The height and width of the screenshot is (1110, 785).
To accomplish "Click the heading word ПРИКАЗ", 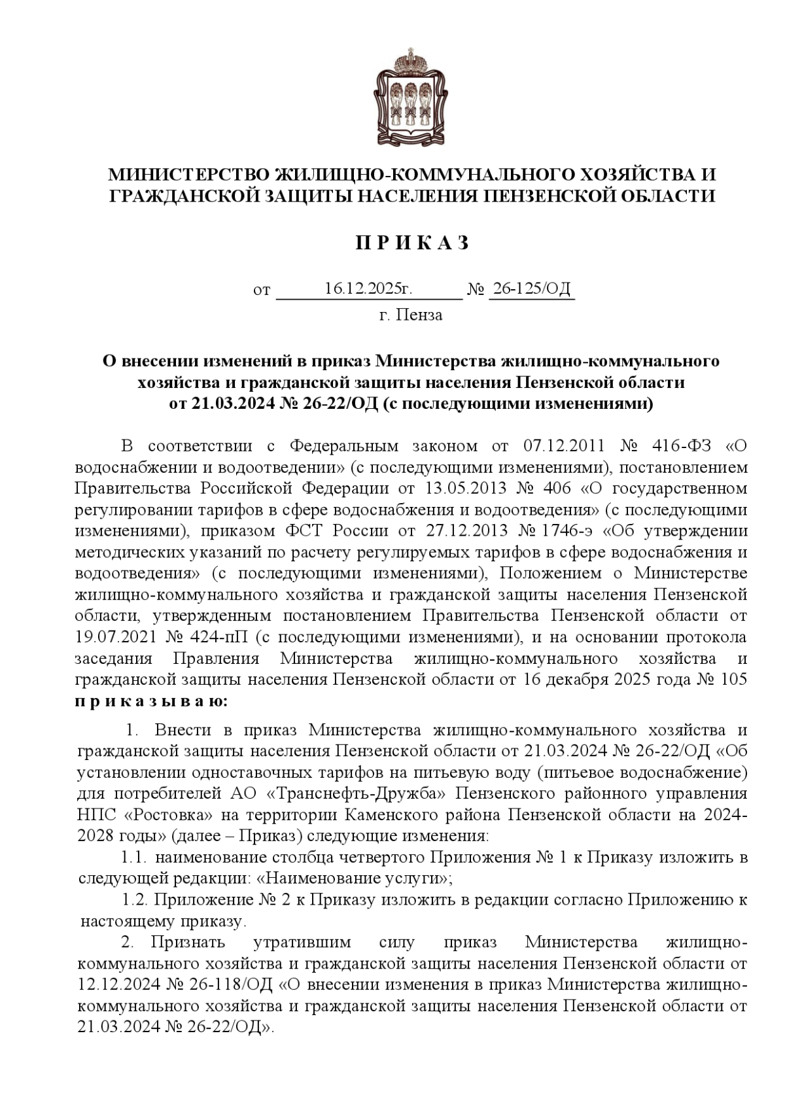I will (x=412, y=243).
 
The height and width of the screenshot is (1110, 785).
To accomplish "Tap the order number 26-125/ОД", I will (x=531, y=288).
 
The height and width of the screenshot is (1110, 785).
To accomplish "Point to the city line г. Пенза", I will (x=411, y=315).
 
